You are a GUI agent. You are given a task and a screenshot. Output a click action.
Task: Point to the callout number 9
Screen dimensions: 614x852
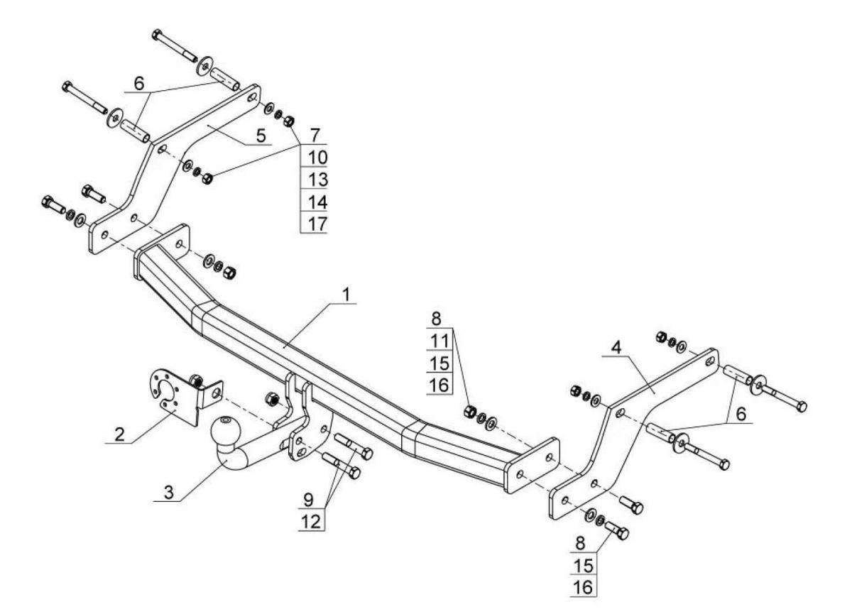pos(309,499)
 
